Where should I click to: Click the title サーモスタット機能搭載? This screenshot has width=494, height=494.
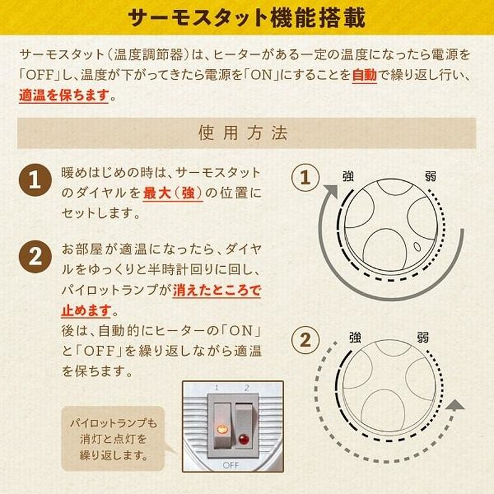[246, 17]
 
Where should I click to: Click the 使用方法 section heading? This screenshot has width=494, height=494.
[243, 133]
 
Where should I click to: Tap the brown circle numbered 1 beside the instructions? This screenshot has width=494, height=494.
[35, 180]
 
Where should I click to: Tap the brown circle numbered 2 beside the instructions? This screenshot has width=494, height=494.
[35, 256]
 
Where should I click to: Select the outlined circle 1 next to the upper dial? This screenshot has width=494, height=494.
[305, 177]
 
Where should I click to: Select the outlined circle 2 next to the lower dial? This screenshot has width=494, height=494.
[305, 340]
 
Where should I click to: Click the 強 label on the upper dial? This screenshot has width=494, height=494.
[348, 177]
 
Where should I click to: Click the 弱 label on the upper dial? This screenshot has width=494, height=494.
[430, 177]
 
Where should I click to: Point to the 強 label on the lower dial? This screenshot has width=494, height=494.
[355, 338]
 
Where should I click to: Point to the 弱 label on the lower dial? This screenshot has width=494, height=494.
[423, 338]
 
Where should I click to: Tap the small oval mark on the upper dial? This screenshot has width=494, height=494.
[417, 246]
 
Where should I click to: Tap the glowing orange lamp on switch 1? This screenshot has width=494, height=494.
[222, 429]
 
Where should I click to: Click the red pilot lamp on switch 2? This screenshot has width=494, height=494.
[243, 439]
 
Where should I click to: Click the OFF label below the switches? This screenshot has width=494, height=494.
[231, 465]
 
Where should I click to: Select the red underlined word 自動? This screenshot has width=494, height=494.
[364, 75]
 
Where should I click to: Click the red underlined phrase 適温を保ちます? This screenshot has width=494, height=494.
[64, 95]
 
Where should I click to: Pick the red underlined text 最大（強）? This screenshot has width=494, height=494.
[173, 193]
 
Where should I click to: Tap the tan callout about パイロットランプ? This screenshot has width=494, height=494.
[114, 439]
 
